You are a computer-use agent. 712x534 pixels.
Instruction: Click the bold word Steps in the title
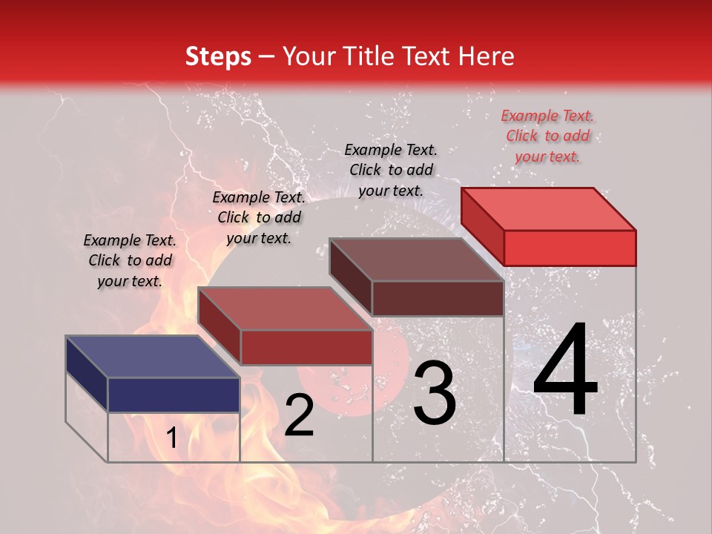[218, 56]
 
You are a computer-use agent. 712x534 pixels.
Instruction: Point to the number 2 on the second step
[299, 415]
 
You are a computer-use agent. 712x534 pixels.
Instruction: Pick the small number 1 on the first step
[171, 438]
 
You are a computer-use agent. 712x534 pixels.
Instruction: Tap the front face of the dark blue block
[174, 395]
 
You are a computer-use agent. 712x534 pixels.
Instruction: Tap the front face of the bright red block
[570, 248]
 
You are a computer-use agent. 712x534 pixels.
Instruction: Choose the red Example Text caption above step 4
[547, 136]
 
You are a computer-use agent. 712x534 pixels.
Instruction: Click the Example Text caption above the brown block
[391, 170]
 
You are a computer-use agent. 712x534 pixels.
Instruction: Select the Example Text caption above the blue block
[130, 260]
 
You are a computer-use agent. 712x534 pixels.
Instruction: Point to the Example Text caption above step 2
[259, 217]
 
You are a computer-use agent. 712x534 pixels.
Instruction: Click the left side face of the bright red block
[483, 226]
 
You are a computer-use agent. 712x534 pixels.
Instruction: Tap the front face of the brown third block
[438, 299]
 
